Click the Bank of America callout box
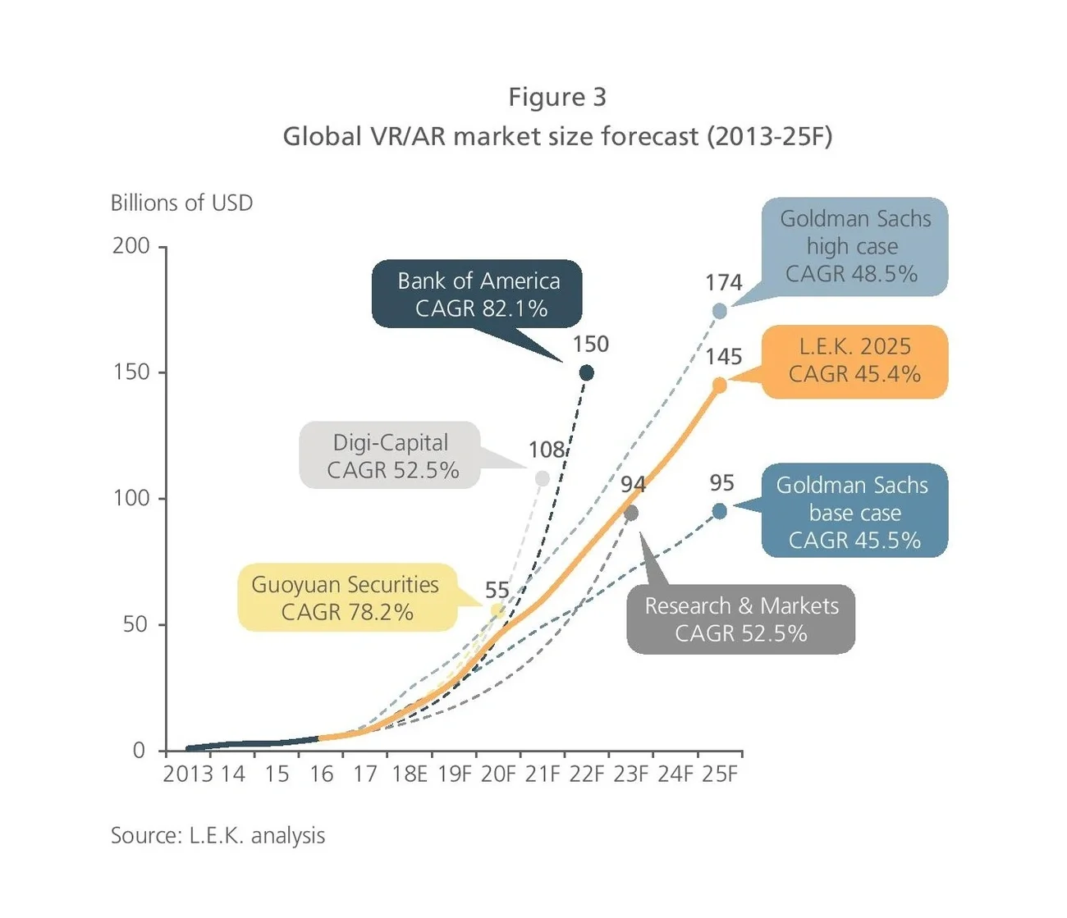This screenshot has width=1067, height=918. click(477, 294)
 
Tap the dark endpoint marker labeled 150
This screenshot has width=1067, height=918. click(586, 372)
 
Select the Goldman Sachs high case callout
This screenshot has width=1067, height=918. click(854, 246)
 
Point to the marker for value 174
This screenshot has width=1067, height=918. click(720, 311)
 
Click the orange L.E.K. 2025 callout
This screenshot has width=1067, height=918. click(854, 361)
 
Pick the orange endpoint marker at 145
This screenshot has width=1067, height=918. click(720, 385)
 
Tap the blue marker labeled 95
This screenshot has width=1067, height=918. click(720, 511)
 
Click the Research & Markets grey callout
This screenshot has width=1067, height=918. click(740, 619)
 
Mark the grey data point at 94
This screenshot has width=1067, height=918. click(631, 513)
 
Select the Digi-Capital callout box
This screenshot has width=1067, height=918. click(391, 456)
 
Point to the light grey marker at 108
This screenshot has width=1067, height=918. click(542, 478)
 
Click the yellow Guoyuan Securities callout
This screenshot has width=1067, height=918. click(346, 598)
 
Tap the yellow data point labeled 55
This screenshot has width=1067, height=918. click(497, 610)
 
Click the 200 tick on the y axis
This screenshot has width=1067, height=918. click(131, 245)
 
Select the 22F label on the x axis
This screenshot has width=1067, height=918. click(586, 774)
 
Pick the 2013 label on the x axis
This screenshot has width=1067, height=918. click(187, 774)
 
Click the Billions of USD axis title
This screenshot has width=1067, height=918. click(181, 203)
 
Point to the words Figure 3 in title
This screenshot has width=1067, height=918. click(557, 97)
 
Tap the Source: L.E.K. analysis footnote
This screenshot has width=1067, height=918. click(218, 835)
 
